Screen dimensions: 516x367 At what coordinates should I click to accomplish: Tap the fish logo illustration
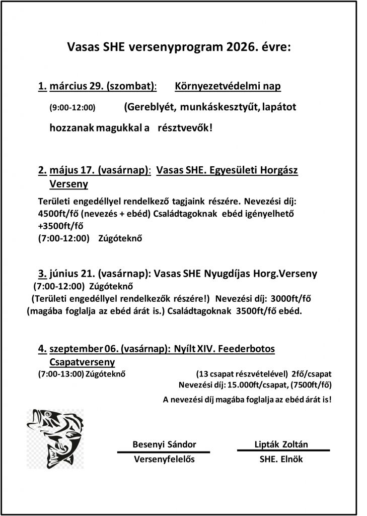coord(55,438)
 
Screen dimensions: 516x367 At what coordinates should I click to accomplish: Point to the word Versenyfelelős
coord(164,459)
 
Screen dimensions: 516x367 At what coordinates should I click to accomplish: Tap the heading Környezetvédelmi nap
coord(228,86)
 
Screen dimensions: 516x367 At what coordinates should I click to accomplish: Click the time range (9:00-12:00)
coord(72,107)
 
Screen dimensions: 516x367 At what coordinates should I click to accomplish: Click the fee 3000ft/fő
coord(283,298)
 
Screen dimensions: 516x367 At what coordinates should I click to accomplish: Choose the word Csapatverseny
coord(83,362)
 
